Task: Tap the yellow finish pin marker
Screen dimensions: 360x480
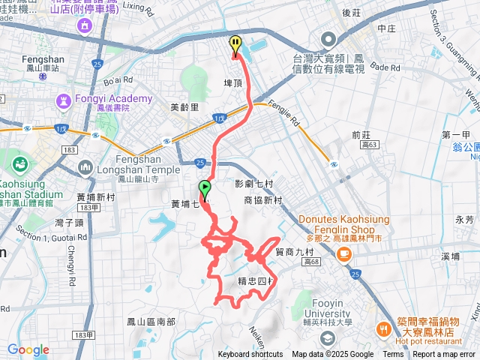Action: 235,45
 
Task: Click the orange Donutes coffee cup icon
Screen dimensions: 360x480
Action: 344,255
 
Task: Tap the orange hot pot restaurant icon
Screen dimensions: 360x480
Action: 383,328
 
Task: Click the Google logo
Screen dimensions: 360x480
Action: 28,349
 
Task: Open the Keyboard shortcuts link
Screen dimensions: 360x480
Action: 250,355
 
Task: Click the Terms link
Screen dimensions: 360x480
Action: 393,355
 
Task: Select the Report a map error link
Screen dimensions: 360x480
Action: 444,355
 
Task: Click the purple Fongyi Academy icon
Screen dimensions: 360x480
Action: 64,100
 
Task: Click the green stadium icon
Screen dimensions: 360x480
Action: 20,162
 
